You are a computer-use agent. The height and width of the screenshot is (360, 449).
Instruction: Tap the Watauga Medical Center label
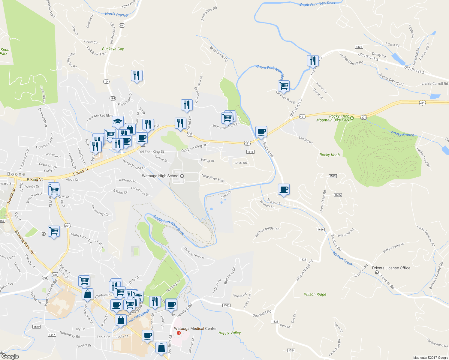[195, 328]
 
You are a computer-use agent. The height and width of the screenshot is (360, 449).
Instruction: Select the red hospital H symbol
[179, 333]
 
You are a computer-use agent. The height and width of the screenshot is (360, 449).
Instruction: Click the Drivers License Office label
[391, 268]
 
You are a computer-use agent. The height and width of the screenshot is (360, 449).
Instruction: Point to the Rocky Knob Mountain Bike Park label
[333, 118]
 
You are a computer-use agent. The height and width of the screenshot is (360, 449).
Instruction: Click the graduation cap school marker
[118, 121]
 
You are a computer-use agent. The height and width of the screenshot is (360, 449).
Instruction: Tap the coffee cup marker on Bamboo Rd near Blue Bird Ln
[284, 189]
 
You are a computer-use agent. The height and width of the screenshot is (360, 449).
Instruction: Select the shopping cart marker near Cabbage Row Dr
[284, 86]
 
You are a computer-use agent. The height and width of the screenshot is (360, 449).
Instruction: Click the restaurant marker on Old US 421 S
[313, 61]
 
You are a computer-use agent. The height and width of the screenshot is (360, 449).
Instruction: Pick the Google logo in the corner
[10, 356]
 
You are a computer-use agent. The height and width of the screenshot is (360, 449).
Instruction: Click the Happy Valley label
[230, 333]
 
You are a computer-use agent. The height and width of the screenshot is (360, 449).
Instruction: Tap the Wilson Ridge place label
[315, 294]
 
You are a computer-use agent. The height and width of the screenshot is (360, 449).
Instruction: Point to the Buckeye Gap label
[113, 49]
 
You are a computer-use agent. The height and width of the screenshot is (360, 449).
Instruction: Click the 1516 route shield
[250, 152]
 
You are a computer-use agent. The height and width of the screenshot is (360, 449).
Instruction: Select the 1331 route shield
[359, 47]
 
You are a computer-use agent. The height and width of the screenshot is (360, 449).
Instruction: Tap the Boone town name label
[16, 174]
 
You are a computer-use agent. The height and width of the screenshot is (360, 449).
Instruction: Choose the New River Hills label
[213, 178]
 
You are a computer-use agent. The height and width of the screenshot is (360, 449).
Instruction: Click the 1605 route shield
[338, 195]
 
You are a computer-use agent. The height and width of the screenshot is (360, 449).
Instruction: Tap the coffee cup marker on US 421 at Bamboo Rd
[261, 131]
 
